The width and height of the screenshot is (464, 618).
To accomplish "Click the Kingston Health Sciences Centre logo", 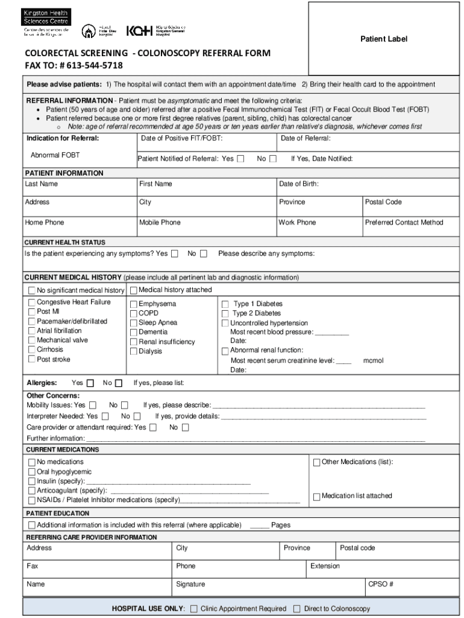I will pyautogui.click(x=48, y=23).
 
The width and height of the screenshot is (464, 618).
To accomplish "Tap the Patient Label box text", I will pyautogui.click(x=384, y=39).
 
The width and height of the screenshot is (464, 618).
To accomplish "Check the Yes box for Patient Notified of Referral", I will pyautogui.click(x=241, y=159).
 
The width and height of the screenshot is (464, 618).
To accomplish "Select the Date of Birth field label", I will pyautogui.click(x=298, y=184).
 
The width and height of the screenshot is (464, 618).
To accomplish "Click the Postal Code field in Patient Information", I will pyautogui.click(x=383, y=202).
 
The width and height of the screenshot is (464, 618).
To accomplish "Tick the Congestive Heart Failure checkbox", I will pyautogui.click(x=32, y=302).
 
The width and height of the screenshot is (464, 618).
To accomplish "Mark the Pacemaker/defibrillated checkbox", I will pyautogui.click(x=32, y=322).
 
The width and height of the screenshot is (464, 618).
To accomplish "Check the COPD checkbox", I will pyautogui.click(x=134, y=314).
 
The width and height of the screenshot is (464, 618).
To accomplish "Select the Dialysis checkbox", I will pyautogui.click(x=134, y=351).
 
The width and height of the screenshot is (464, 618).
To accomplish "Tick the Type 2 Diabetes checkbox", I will pyautogui.click(x=225, y=314).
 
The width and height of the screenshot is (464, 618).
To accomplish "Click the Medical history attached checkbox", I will pyautogui.click(x=134, y=290).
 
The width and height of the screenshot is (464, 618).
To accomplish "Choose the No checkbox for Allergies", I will pyautogui.click(x=119, y=383).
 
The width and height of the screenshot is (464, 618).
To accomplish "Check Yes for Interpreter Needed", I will pyautogui.click(x=105, y=416).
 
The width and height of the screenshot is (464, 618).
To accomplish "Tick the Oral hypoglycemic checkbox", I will pyautogui.click(x=32, y=472).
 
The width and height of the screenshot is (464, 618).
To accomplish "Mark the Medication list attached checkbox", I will pyautogui.click(x=316, y=497).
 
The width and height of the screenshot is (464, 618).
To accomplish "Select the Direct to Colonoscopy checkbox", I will pyautogui.click(x=296, y=609).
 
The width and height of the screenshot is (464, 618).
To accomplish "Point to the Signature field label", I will pyautogui.click(x=190, y=584).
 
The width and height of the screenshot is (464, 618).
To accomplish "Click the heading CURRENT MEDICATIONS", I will pyautogui.click(x=62, y=450).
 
